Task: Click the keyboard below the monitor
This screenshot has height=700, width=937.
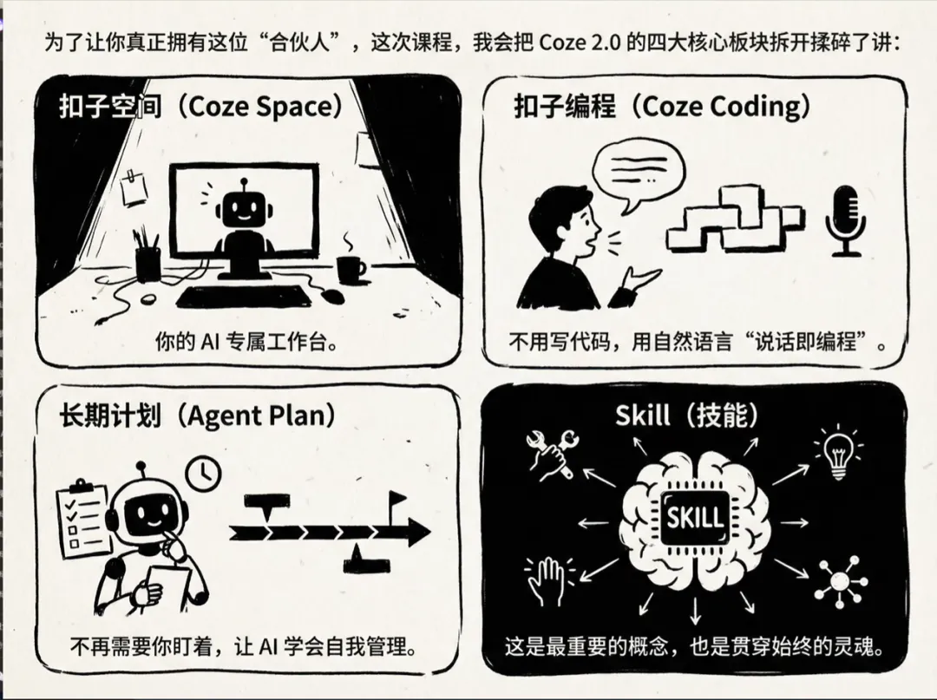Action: click(244, 297)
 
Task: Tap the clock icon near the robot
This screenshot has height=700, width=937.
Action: click(205, 471)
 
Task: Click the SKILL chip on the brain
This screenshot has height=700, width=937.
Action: click(693, 518)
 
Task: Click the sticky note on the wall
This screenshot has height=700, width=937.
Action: click(134, 188)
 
